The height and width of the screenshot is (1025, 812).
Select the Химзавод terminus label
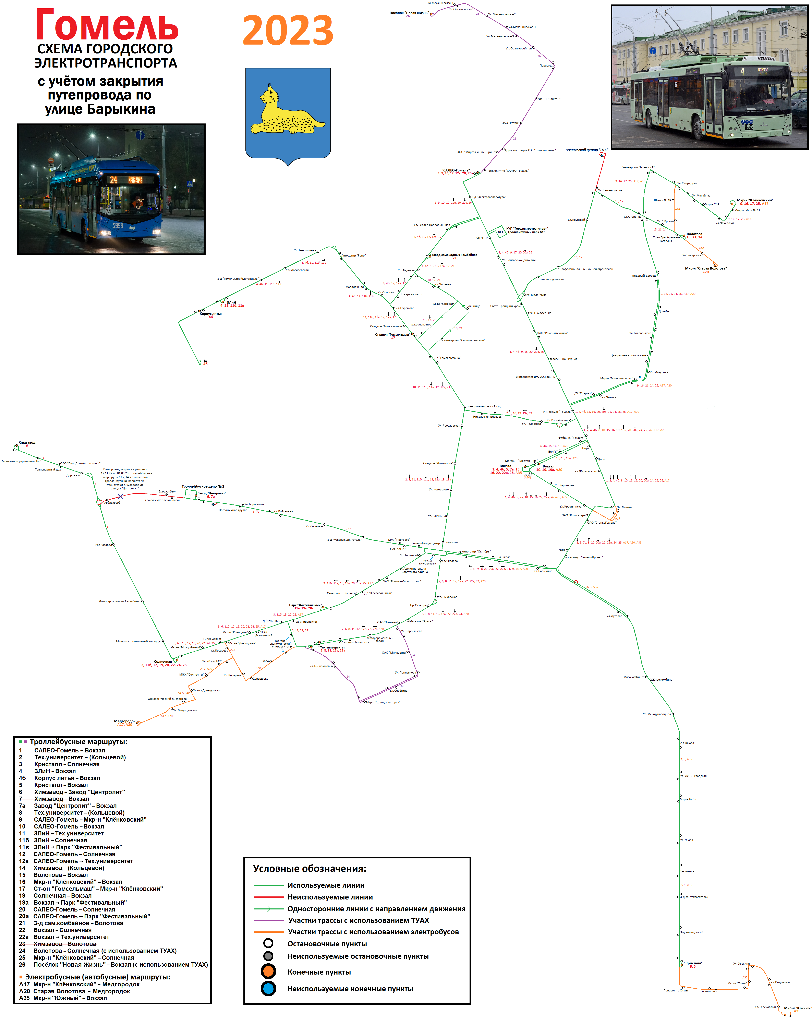pyautogui.click(x=27, y=443)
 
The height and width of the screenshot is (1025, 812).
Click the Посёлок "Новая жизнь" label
pyautogui.click(x=409, y=13)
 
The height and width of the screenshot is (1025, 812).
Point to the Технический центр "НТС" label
pyautogui.click(x=586, y=150)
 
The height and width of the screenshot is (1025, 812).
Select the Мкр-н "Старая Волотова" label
pyautogui.click(x=705, y=268)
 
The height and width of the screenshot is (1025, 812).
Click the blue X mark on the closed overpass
pyautogui.click(x=120, y=496)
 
